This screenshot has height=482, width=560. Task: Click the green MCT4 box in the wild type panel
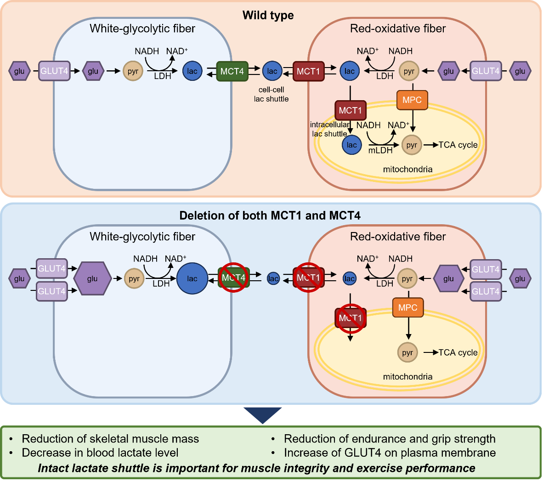tap(232, 71)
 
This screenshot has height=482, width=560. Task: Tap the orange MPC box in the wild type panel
tap(412, 100)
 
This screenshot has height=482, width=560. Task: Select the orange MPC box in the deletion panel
tap(408, 307)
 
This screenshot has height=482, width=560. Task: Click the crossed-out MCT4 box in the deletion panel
tap(233, 278)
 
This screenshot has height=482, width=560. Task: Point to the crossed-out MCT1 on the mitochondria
tap(351, 318)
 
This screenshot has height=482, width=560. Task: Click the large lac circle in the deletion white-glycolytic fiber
tap(192, 278)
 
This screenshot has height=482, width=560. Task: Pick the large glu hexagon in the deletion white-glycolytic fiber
tap(92, 278)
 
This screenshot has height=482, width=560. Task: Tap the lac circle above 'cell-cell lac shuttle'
tap(272, 71)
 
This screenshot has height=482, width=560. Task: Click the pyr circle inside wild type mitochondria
tap(412, 145)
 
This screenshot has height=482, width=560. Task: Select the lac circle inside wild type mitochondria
tap(351, 145)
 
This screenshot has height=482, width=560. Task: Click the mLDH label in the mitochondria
tap(380, 150)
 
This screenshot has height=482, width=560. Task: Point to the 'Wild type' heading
tap(268, 15)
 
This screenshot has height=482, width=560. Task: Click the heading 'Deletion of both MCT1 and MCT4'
tap(270, 215)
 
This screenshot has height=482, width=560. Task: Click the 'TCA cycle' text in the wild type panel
tap(458, 145)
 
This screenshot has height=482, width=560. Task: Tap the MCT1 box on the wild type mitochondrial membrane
tap(351, 110)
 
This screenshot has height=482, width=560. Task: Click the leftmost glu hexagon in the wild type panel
tap(19, 71)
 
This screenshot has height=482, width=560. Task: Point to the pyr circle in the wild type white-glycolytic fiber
tap(133, 71)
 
